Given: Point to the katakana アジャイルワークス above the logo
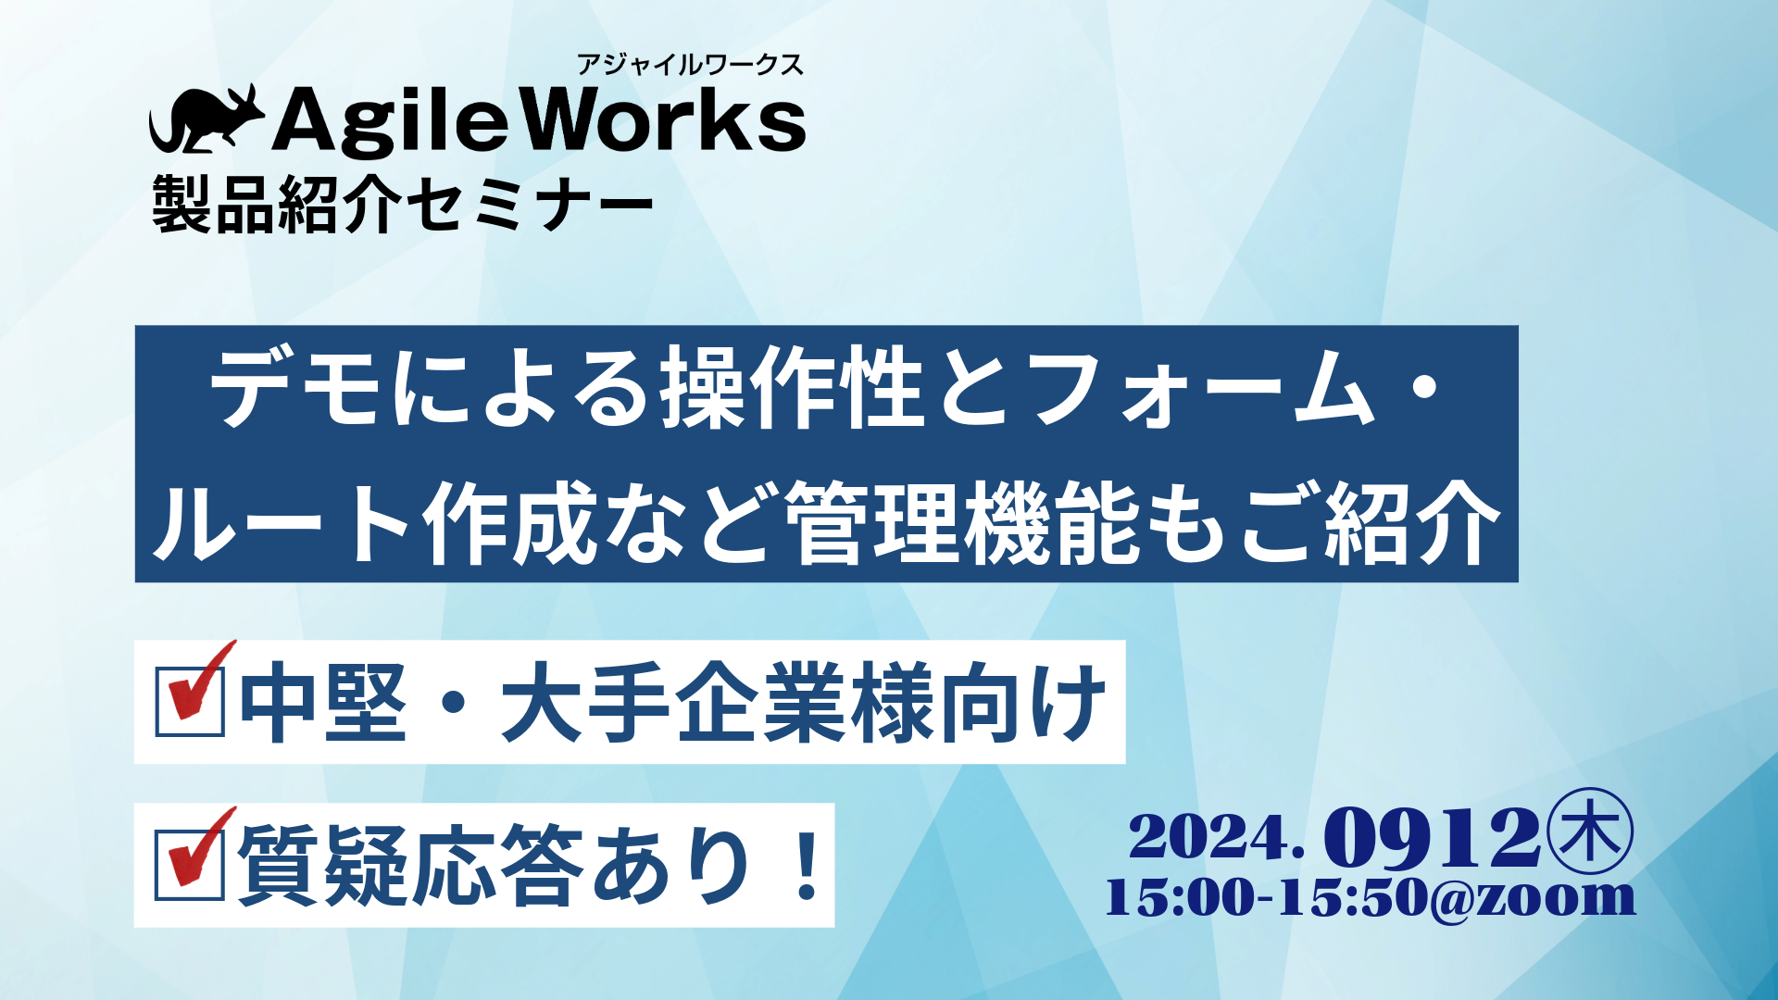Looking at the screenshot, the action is tap(690, 65).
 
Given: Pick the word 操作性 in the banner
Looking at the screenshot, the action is tap(792, 387).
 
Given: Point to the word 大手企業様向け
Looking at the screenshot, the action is tap(804, 702).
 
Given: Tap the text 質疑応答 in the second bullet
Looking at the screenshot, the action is tap(410, 865).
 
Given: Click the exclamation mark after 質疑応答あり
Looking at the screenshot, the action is tap(808, 865).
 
